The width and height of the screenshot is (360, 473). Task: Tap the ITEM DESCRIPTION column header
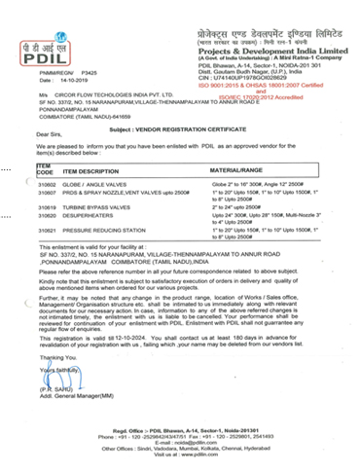pos(96,170)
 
